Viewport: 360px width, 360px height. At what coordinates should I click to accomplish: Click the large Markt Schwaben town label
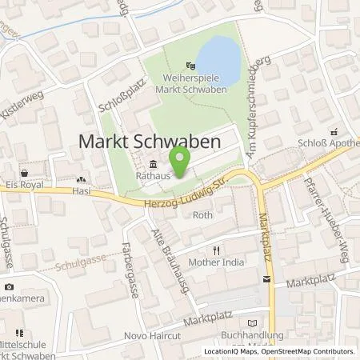[x=150, y=140]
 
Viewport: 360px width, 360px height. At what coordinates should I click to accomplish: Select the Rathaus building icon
[x=153, y=167]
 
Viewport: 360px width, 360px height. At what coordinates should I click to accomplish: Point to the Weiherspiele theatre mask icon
[x=189, y=66]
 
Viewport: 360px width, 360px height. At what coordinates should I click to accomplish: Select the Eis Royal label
[x=23, y=182]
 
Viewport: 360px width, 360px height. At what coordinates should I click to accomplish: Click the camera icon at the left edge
[x=9, y=286]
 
